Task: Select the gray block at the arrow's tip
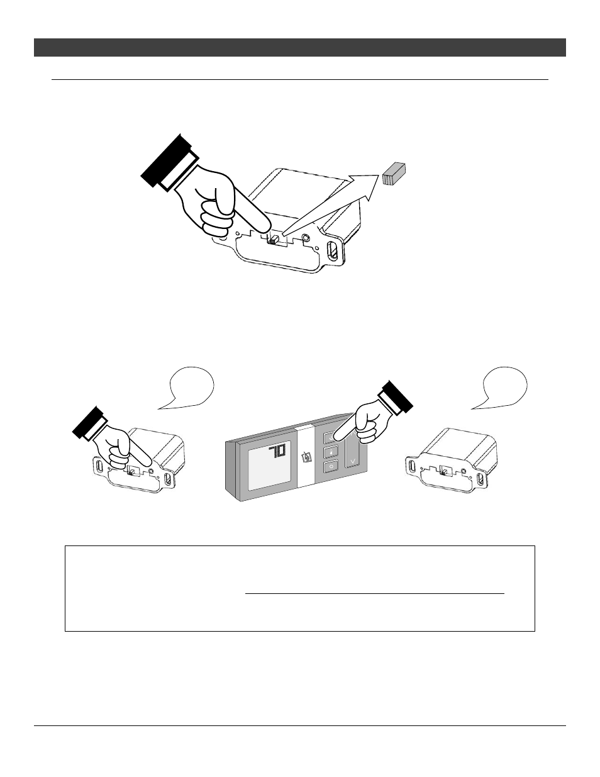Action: tap(394, 174)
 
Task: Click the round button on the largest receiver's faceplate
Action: tap(306, 237)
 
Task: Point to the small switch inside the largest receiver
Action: tap(274, 240)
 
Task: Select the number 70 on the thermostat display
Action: tap(277, 452)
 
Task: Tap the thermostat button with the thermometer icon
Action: tap(331, 452)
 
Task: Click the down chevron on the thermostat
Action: tap(353, 461)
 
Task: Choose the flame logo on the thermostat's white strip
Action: tap(305, 457)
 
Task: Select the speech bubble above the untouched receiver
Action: tap(503, 388)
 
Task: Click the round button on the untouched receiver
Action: tap(464, 471)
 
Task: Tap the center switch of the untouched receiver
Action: tap(446, 472)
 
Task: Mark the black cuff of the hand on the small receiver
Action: tap(90, 425)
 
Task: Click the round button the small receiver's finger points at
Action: tap(152, 471)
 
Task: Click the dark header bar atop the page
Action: tap(300, 47)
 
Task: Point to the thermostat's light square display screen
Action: tap(269, 466)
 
